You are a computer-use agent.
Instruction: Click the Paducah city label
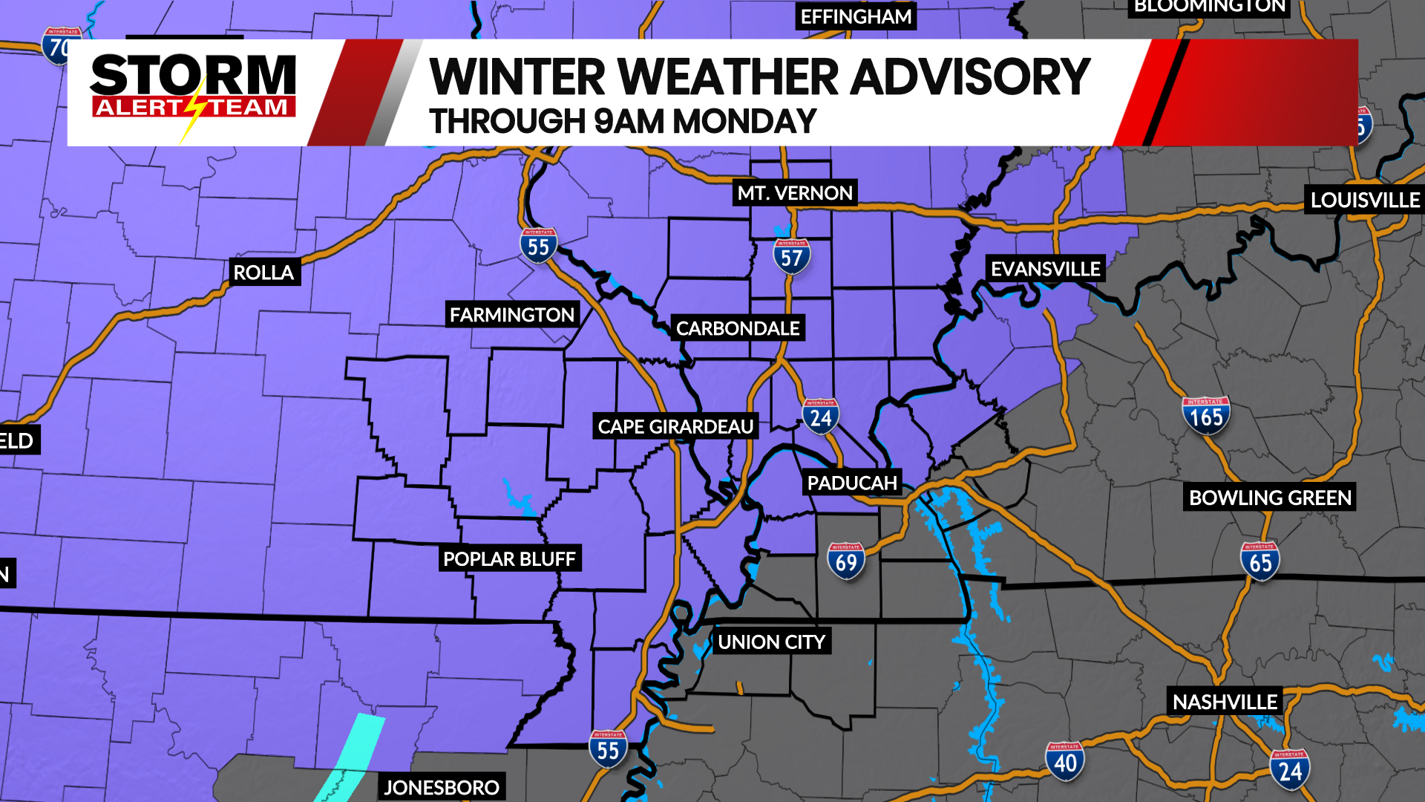coord(852,483)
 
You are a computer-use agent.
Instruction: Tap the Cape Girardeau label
coord(675,427)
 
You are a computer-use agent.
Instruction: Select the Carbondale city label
coord(738,328)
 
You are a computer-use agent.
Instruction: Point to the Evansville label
coord(1045,269)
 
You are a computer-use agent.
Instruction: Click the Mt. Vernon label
coord(795,193)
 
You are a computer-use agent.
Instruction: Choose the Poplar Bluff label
coord(509,558)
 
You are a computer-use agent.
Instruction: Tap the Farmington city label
coord(512,315)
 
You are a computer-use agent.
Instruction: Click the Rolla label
coord(263,273)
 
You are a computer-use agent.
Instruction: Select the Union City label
coord(772,642)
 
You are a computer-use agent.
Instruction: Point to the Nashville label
coord(1225,702)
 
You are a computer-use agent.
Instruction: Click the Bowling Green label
coord(1270,498)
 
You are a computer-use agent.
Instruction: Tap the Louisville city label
coord(1364,200)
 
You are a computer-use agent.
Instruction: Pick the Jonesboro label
coord(442,787)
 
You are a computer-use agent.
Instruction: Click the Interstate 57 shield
coord(792,256)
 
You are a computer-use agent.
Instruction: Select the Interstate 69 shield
coord(846,561)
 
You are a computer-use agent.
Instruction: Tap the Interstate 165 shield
coord(1206,416)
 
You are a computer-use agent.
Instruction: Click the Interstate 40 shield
coord(1065,761)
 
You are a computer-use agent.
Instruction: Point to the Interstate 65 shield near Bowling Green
coord(1260,561)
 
